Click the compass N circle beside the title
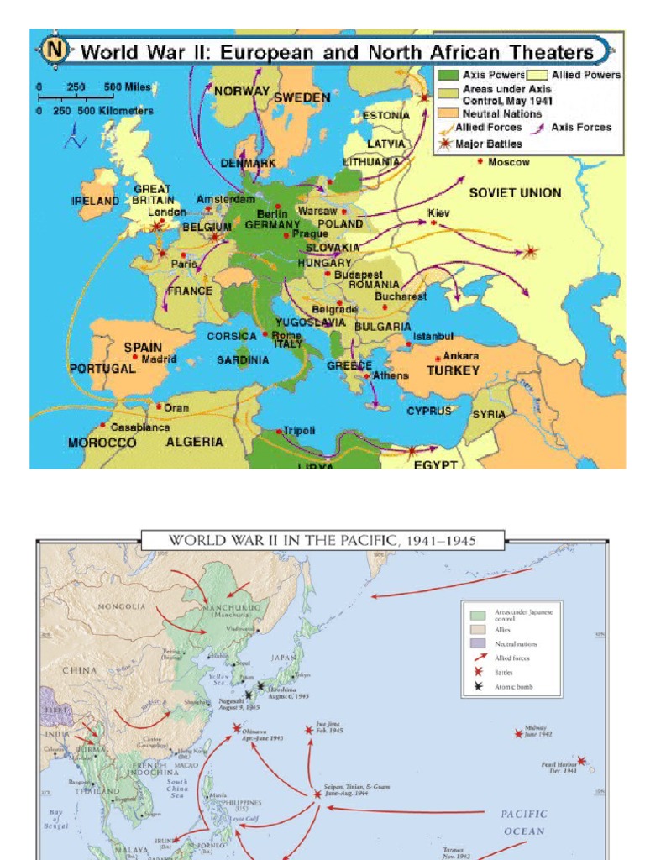(56, 49)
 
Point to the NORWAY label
(242, 91)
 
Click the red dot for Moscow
(481, 161)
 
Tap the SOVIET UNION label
(515, 192)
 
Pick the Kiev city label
(439, 213)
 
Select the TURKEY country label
(453, 370)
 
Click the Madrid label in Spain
(160, 359)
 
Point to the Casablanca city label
(140, 427)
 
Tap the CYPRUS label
(429, 411)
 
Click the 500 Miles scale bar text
(127, 87)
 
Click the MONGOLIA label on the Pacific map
(122, 606)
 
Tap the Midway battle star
(519, 733)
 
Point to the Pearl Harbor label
(559, 768)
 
